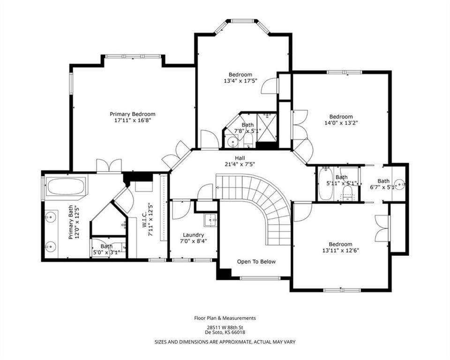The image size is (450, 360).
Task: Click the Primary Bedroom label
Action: point(133,114)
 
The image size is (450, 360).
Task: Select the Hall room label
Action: point(240,158)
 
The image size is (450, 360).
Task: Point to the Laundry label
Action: point(194,235)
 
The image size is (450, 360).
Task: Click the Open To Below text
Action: point(256,262)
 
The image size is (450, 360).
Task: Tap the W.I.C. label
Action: point(145,220)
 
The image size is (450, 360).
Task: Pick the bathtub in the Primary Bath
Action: point(66,187)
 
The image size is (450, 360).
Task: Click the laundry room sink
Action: point(211,220)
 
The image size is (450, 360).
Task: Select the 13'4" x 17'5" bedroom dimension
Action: point(240,81)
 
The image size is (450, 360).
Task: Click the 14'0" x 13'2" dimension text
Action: point(341,123)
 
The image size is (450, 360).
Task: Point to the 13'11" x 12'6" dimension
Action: point(341,250)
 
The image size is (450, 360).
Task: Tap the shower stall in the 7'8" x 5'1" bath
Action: point(267,127)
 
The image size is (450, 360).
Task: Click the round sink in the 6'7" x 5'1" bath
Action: point(399,183)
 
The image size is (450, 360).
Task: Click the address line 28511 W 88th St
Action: point(225,327)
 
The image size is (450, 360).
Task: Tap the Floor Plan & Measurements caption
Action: point(225,318)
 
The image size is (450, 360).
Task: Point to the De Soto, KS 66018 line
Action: point(225,332)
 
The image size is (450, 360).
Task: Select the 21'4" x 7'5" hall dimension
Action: point(240,165)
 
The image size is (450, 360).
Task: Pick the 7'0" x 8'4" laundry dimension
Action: point(194,241)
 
